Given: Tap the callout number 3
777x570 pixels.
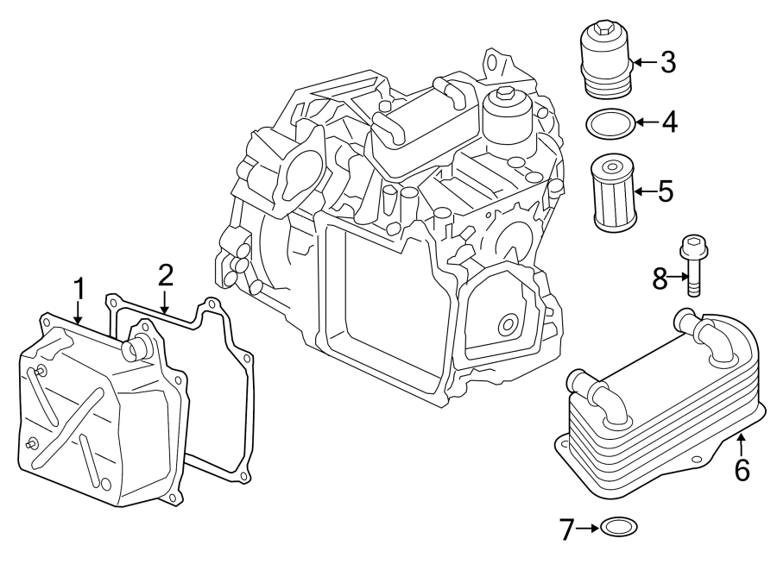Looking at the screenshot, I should tap(668, 61).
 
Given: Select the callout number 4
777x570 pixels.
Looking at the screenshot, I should tap(668, 122).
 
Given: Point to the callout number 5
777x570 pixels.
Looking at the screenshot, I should tap(665, 191).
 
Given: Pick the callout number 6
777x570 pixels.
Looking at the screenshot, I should tap(742, 470).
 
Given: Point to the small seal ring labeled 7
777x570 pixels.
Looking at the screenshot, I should tap(621, 525).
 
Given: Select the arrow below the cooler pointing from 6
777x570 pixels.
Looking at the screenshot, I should tap(741, 446).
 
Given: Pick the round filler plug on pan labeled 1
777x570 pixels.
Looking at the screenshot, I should tap(136, 348).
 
